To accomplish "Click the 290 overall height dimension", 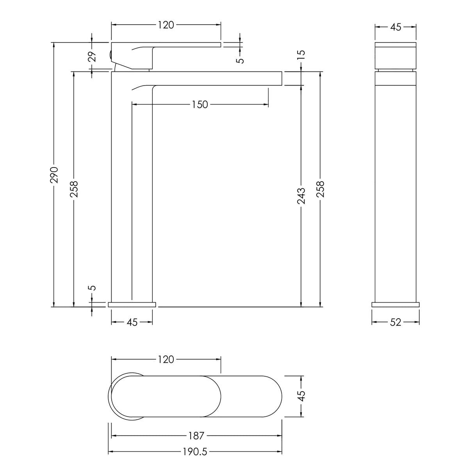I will [54, 175].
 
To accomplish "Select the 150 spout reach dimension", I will [200, 104].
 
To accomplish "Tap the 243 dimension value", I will [301, 196].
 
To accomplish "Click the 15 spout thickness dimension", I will [301, 55].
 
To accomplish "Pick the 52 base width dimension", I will [396, 322].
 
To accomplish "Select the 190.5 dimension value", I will [195, 452].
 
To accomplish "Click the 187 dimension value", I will [196, 435].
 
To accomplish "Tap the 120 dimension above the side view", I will [166, 25].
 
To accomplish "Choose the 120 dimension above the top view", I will [166, 359].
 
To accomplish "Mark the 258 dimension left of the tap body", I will [74, 189].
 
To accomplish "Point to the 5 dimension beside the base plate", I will [92, 288].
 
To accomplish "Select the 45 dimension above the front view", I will [396, 27].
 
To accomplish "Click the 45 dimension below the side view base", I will [132, 322].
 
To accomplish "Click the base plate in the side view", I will [132, 304].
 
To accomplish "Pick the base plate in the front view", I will [396, 304].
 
